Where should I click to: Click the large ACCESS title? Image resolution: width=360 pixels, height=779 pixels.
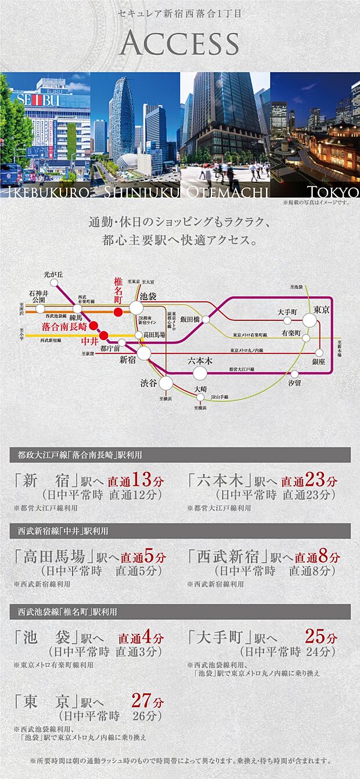click(180, 44)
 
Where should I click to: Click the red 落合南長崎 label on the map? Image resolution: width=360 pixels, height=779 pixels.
click(64, 327)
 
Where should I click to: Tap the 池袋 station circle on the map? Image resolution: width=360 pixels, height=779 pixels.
click(136, 308)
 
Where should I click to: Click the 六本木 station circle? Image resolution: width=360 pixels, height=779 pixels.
click(200, 372)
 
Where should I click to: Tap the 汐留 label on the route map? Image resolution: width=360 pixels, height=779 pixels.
click(295, 383)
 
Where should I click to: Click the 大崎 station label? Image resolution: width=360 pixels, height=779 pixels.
click(200, 388)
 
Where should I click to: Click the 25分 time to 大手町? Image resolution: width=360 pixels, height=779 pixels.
click(321, 637)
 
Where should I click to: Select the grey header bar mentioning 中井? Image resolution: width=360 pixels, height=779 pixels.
click(180, 531)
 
